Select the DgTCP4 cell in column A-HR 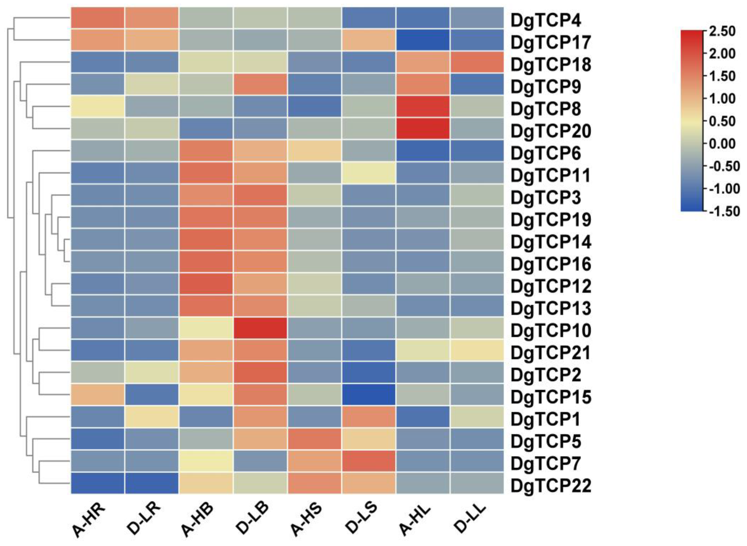point(98,18)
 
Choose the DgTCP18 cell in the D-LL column point(477,62)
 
